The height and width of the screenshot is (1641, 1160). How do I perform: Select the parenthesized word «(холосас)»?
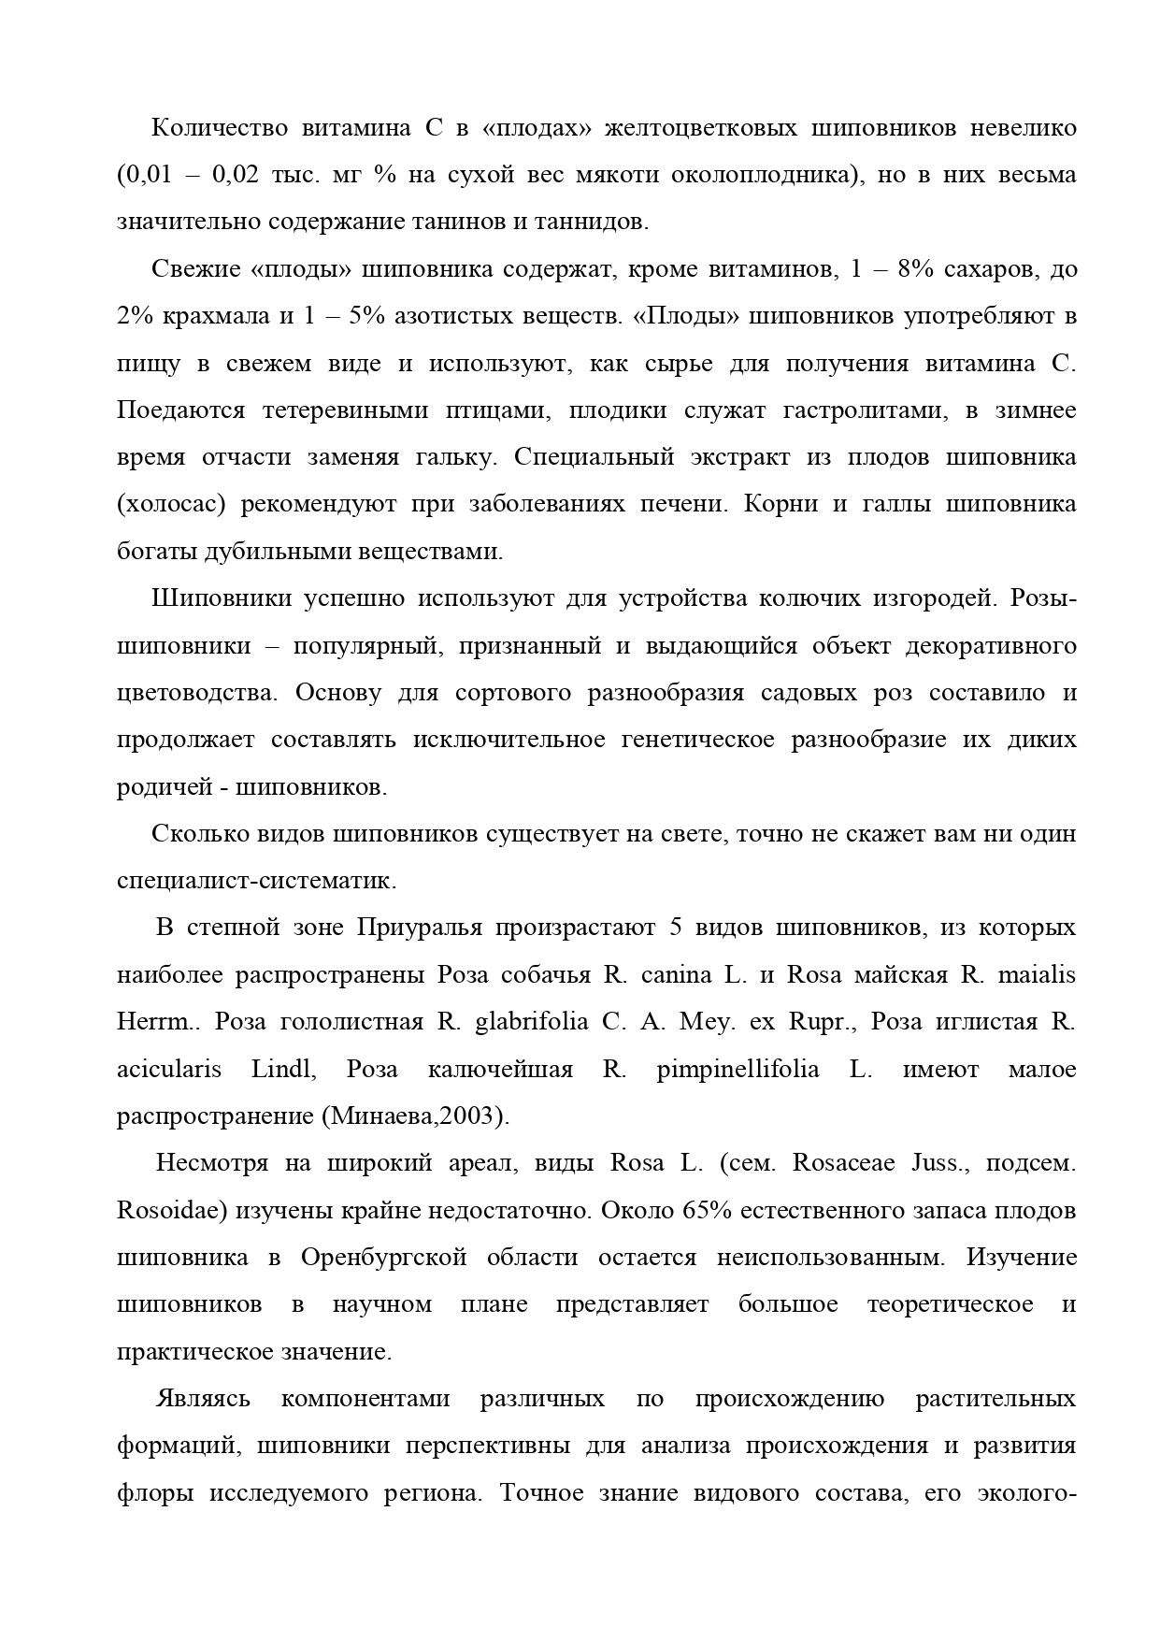(171, 505)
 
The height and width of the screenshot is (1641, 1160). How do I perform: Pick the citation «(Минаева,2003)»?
(416, 1116)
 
